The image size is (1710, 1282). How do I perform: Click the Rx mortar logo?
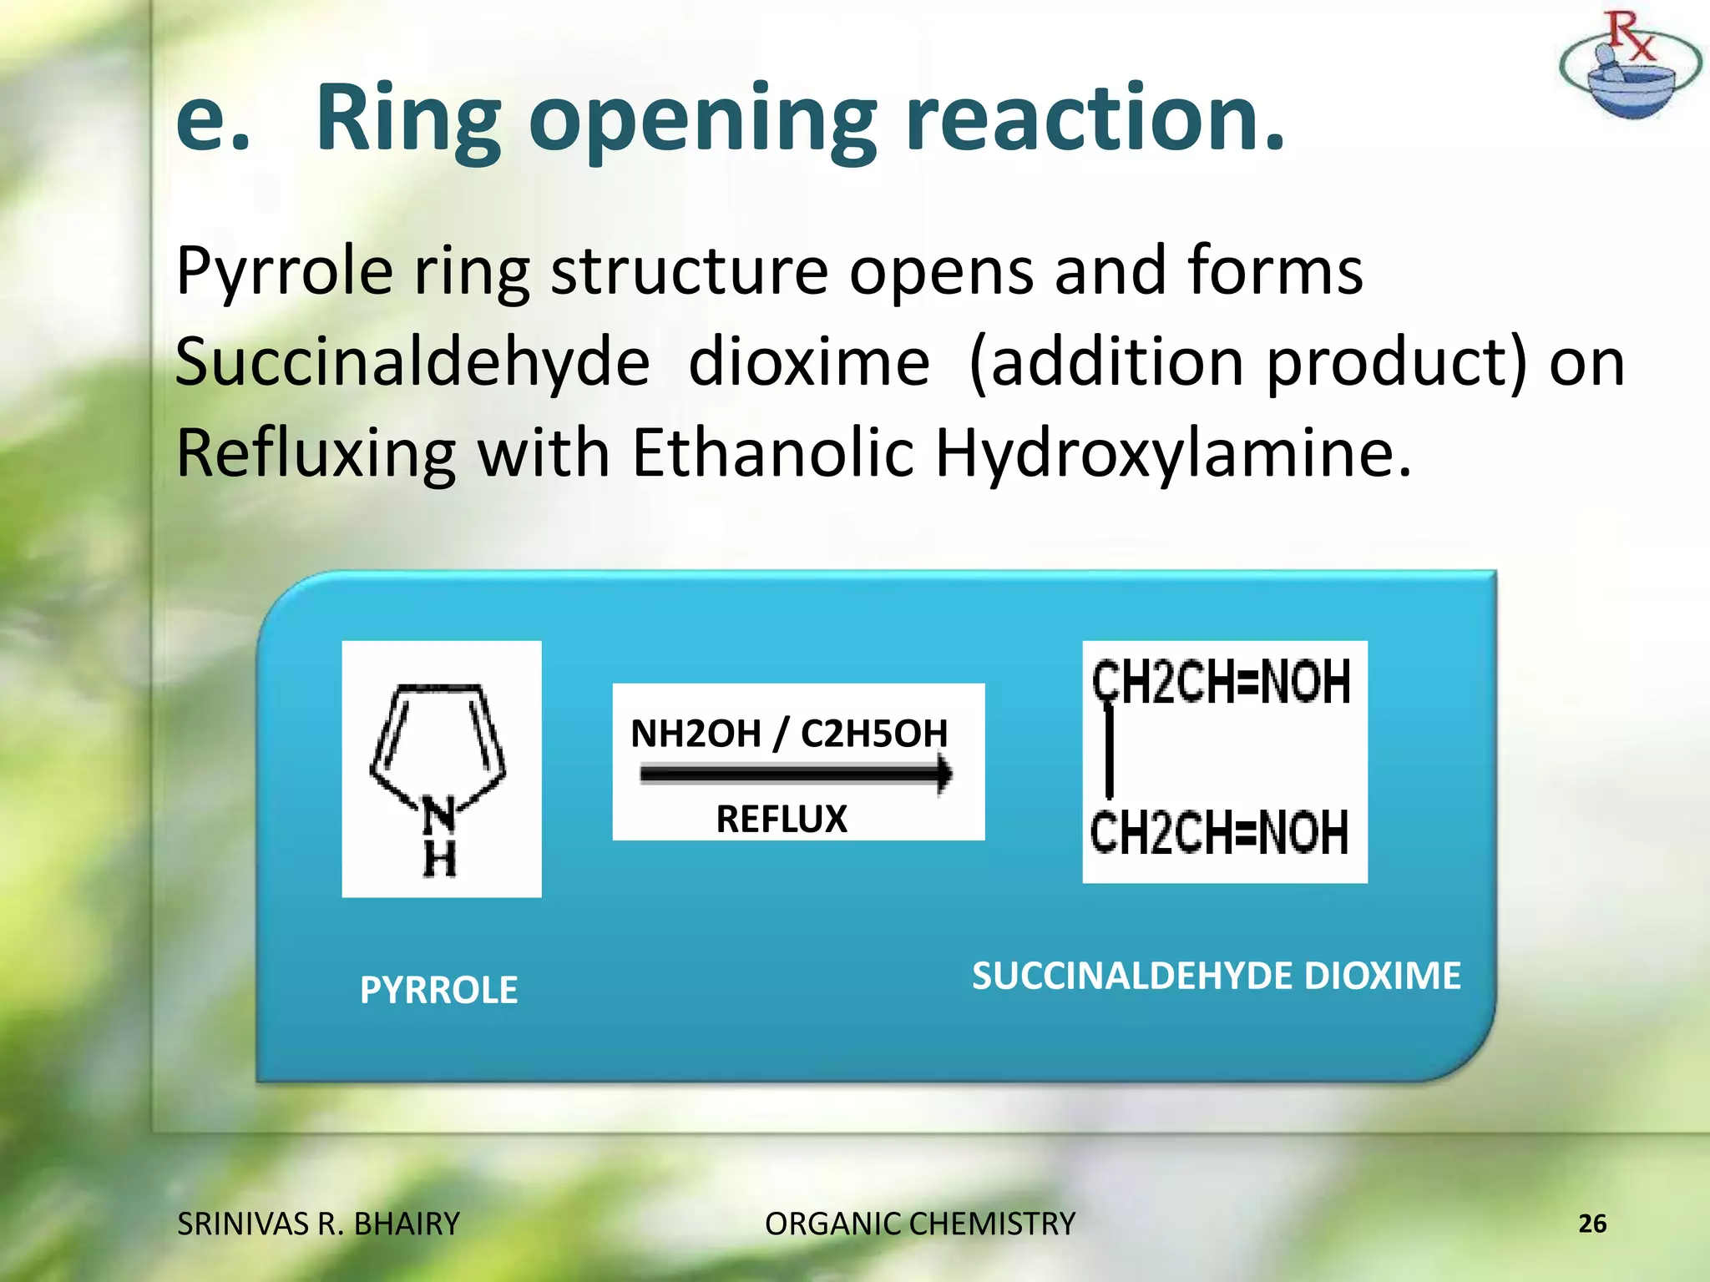pos(1629,67)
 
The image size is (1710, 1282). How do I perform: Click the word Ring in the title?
pos(407,121)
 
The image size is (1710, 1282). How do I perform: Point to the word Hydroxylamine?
pos(1172,453)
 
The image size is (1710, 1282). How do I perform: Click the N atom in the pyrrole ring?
pos(438,814)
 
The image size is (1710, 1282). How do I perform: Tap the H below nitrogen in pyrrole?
pos(439,859)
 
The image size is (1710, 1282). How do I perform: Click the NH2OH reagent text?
pos(696,734)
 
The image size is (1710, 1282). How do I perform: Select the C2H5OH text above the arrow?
pos(874,734)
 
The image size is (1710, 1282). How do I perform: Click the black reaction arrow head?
pos(944,774)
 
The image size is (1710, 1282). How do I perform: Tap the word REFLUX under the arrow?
pos(782,820)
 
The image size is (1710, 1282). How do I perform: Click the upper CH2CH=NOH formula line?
pos(1221,683)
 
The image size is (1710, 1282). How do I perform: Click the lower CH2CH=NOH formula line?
pos(1219,832)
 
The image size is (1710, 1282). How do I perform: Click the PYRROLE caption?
pos(438,991)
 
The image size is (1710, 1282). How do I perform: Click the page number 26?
pos(1591,1224)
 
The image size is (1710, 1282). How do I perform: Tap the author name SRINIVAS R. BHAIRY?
pos(318,1224)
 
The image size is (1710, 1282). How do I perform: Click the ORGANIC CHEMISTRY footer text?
pos(920,1224)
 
